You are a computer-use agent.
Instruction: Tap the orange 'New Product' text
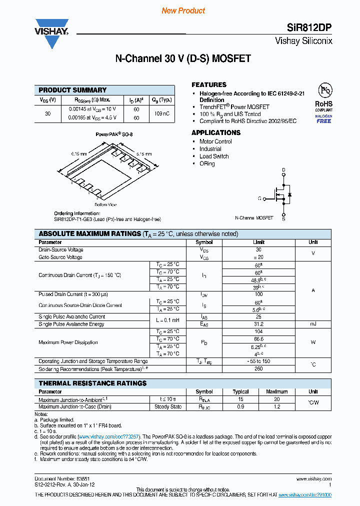[183, 10]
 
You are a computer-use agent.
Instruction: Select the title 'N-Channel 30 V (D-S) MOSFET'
[183, 58]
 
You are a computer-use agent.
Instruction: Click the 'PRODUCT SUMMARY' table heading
[72, 90]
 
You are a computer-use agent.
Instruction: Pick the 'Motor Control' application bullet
[215, 141]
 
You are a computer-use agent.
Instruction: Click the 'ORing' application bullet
[207, 164]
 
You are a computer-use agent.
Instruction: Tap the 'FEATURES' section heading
[209, 84]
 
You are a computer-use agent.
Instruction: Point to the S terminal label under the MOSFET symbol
[283, 219]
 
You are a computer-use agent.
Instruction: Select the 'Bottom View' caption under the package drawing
[105, 204]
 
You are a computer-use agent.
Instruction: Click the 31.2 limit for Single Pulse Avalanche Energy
[258, 324]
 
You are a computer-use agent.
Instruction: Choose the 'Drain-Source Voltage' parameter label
[61, 249]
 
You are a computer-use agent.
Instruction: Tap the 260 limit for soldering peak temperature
[258, 369]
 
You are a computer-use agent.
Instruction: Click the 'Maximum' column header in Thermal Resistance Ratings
[276, 392]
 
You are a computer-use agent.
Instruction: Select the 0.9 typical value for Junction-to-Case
[240, 407]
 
